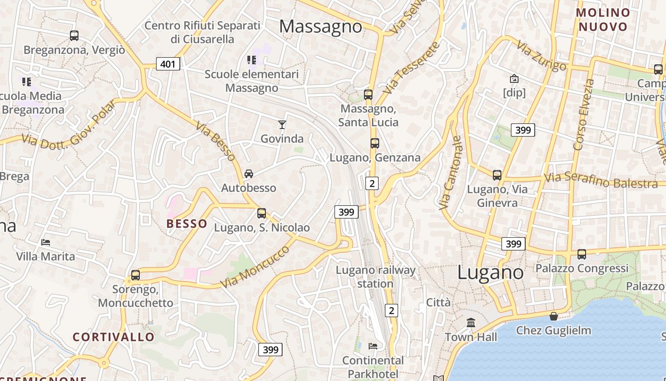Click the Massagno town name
321,26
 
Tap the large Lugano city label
490,272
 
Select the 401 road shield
168,63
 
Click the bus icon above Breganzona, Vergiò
74,35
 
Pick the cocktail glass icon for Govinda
282,125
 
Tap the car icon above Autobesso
249,174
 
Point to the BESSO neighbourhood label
187,223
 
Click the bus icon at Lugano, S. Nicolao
262,213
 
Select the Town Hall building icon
471,323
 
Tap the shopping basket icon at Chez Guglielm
554,316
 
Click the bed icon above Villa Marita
46,242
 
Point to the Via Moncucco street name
255,267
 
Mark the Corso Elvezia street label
584,114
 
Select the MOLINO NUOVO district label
603,20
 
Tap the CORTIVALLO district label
114,337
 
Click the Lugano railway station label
375,277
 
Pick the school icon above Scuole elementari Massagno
252,60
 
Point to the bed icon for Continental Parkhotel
373,346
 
